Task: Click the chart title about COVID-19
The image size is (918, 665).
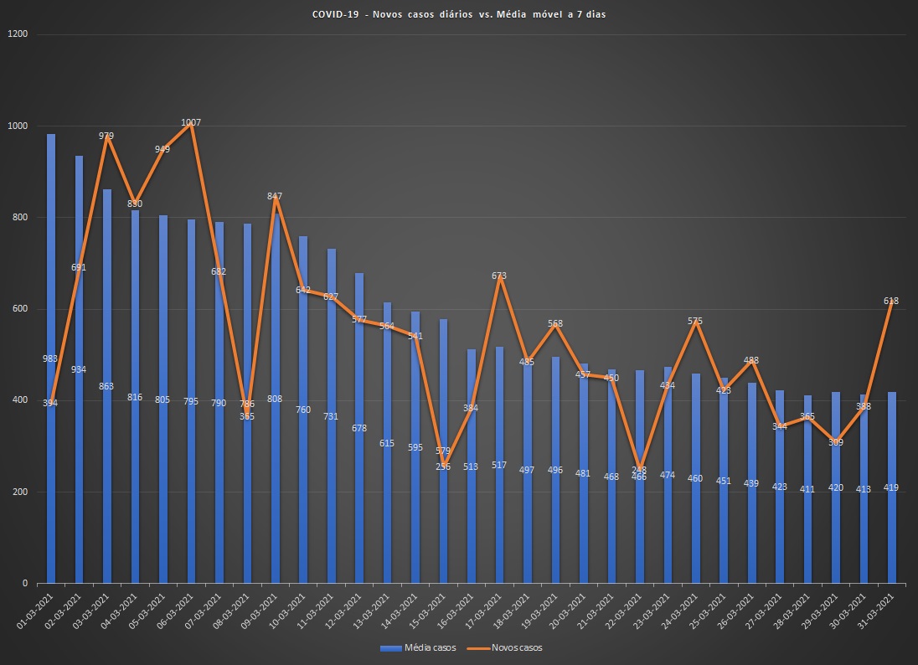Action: (459, 15)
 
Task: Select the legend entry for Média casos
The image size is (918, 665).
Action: (417, 647)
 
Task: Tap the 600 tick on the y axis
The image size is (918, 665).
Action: (19, 309)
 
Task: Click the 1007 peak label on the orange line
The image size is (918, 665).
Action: (191, 123)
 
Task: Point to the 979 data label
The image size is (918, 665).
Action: (106, 136)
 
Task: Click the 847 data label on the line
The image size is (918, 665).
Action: (275, 196)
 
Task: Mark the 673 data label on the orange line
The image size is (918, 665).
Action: (499, 276)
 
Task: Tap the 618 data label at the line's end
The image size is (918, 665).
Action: (892, 301)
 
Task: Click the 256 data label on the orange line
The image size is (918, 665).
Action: (443, 467)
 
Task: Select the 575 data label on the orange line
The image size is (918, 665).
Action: (695, 321)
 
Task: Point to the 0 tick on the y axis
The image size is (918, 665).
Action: (24, 583)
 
